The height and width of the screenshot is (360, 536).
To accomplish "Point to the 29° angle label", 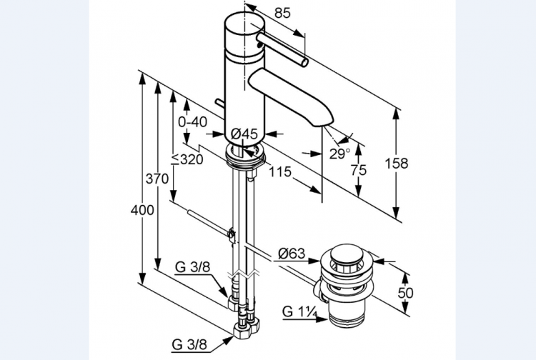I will (340, 153).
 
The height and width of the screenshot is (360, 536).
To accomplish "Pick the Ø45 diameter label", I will (244, 134).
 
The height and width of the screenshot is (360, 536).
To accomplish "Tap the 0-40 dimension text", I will (193, 121).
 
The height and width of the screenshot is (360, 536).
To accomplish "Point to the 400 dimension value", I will (142, 210).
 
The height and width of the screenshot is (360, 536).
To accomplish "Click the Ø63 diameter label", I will (292, 252).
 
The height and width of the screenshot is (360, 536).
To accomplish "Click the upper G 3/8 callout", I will (192, 267).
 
